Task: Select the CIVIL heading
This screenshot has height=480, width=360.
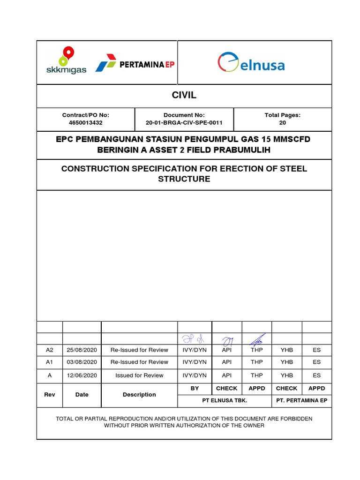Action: pos(184,96)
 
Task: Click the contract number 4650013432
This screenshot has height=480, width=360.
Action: pos(85,123)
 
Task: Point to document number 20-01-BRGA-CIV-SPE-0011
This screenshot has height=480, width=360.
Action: pos(184,123)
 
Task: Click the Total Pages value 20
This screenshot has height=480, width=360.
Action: pos(283,123)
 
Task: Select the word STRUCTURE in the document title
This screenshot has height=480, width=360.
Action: pos(184,179)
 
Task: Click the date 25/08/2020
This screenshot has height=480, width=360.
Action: pos(82,350)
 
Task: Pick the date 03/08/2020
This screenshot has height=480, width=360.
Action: pos(82,362)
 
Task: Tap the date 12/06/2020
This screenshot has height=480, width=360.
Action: pos(82,375)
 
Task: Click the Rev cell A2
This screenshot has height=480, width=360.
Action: pos(49,350)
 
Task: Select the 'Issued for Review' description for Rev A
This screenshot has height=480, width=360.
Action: pos(139,375)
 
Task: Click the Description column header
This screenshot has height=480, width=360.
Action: pos(139,395)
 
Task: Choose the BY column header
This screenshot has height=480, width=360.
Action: pos(195,389)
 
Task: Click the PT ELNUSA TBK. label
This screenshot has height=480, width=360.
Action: pos(225,401)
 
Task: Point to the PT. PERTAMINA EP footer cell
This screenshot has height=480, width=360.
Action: pos(301,401)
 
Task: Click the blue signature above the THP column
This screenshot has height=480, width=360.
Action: pos(257,339)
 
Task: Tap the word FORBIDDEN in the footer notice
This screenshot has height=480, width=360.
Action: pos(293,418)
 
